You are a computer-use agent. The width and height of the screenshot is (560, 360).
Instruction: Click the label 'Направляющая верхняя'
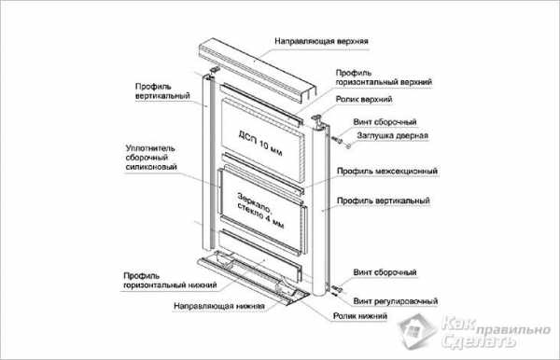click(x=321, y=41)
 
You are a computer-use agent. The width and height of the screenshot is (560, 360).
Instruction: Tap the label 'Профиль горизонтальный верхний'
click(x=384, y=77)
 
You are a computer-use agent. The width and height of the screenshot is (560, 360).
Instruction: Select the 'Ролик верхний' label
click(x=364, y=99)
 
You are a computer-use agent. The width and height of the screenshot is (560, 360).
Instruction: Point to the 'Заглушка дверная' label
click(x=392, y=135)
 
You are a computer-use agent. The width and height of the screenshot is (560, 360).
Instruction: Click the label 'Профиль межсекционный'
click(x=387, y=172)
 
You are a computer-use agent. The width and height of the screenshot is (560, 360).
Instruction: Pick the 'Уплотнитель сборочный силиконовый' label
click(x=151, y=158)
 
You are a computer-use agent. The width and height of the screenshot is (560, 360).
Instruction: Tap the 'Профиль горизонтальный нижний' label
click(x=170, y=281)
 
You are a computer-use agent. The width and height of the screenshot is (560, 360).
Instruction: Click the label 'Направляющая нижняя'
click(x=219, y=306)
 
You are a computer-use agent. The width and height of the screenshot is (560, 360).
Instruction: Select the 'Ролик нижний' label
click(x=359, y=316)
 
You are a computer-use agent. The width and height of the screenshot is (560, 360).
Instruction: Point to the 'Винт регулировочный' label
click(x=396, y=301)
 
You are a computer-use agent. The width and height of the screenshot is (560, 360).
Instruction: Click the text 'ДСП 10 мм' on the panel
click(x=260, y=144)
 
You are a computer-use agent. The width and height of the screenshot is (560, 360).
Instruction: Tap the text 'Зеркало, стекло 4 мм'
click(x=260, y=211)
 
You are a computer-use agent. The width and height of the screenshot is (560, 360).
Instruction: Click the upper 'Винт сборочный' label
click(x=385, y=122)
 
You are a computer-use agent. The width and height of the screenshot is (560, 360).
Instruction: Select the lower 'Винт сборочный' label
click(x=385, y=272)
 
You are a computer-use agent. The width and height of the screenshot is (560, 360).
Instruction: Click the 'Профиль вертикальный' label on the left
click(x=162, y=91)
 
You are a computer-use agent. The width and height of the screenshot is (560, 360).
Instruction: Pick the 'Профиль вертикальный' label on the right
click(x=384, y=201)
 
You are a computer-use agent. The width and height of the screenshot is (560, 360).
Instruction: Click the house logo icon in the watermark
click(x=417, y=331)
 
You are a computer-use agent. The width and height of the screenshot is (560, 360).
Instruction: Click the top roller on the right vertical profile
click(x=316, y=119)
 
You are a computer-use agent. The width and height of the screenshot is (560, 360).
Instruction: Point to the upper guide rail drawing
click(x=258, y=70)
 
